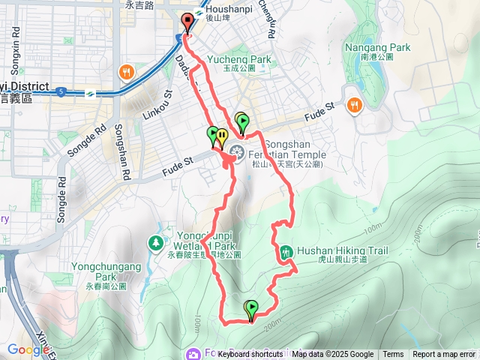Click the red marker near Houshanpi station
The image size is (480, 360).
pyautogui.click(x=187, y=22)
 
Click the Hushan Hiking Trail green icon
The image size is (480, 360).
pyautogui.click(x=286, y=253)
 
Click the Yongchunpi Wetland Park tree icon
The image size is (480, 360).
pyautogui.click(x=156, y=242)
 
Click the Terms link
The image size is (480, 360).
pyautogui.click(x=393, y=355)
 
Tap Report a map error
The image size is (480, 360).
pyautogui.click(x=443, y=355)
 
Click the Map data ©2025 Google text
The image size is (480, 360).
pyautogui.click(x=333, y=355)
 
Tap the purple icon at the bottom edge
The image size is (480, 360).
pyautogui.click(x=193, y=353)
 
